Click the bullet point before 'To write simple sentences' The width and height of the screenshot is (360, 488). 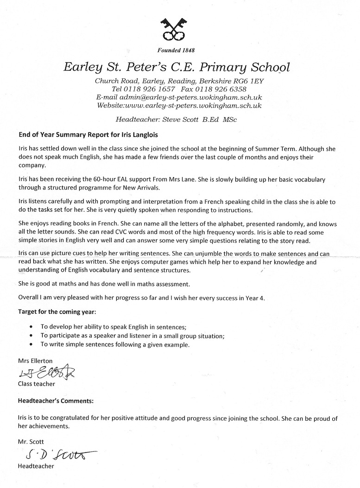tap(31, 344)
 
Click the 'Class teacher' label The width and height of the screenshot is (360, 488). tap(36, 384)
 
